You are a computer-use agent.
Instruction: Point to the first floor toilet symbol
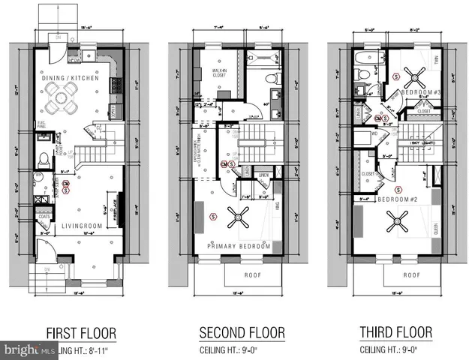click(x=44, y=158)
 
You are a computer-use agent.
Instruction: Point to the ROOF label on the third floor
click(x=410, y=274)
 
